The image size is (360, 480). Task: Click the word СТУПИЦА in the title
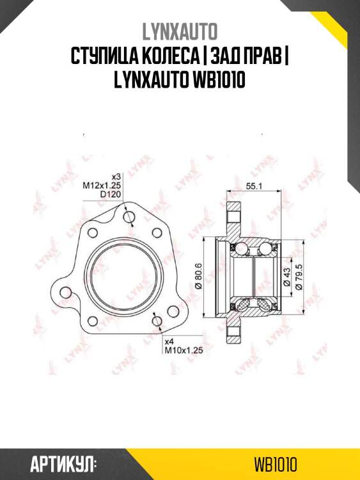(102, 56)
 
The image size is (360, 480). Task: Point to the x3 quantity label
(116, 176)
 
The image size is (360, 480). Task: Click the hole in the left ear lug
(65, 292)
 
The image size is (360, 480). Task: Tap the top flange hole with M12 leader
(130, 219)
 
